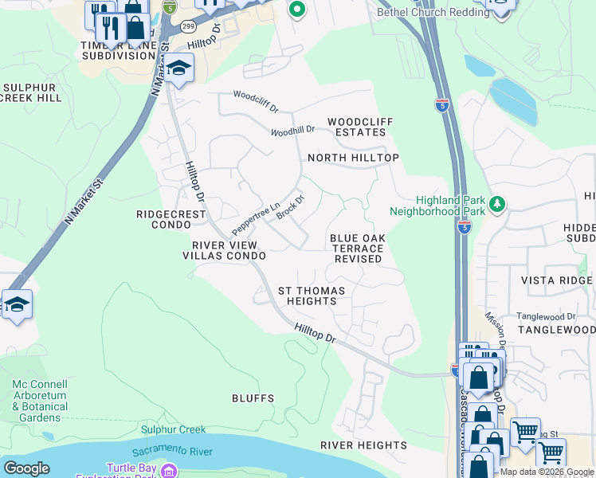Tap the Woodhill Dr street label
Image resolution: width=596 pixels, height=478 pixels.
[x=293, y=130]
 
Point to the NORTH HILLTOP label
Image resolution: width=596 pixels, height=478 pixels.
[x=353, y=158]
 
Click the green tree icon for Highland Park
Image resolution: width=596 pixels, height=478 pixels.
[x=497, y=205]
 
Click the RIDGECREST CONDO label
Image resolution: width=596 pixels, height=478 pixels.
[x=171, y=219]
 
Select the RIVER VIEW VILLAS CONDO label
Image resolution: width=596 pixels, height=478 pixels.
[x=224, y=250]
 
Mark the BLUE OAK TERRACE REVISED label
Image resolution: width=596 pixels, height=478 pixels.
[x=358, y=249]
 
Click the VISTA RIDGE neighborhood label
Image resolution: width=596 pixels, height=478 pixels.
[x=557, y=280]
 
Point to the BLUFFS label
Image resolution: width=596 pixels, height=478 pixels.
[x=253, y=398]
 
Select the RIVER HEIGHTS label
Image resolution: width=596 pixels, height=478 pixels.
[x=363, y=445]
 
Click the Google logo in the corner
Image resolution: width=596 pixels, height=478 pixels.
[x=26, y=468]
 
